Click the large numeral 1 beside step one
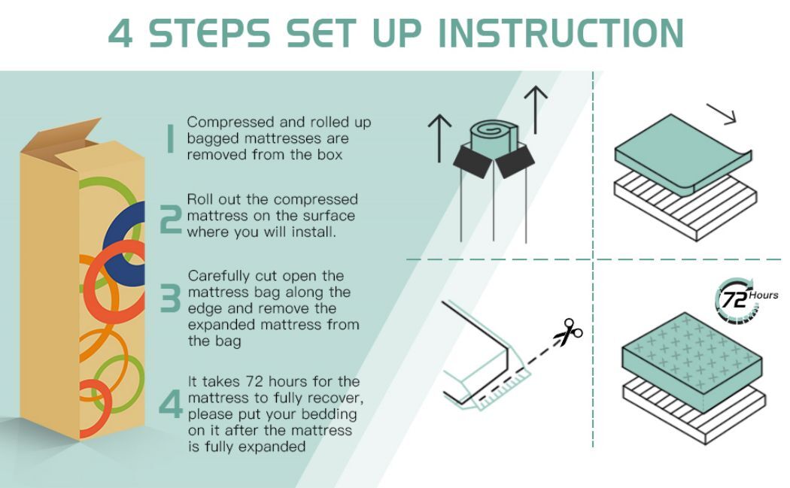click(x=171, y=138)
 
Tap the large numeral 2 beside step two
click(x=170, y=220)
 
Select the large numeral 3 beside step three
click(x=170, y=298)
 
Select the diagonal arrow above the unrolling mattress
click(x=722, y=114)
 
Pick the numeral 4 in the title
click(x=120, y=34)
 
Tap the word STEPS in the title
click(x=210, y=33)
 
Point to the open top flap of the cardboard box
click(x=60, y=136)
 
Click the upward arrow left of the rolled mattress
click(x=440, y=138)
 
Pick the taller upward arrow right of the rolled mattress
click(x=536, y=109)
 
